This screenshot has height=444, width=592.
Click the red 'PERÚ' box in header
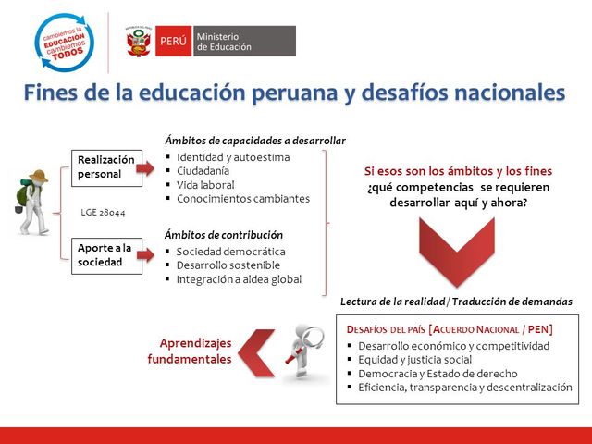pyautogui.click(x=173, y=42)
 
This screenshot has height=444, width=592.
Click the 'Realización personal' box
pyautogui.click(x=105, y=167)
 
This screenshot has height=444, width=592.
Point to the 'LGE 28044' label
pyautogui.click(x=103, y=213)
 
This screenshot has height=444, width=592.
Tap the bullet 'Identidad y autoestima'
pyautogui.click(x=232, y=157)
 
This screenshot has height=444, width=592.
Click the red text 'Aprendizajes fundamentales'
pyautogui.click(x=189, y=350)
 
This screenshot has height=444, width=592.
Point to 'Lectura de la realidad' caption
pyautogui.click(x=393, y=302)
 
